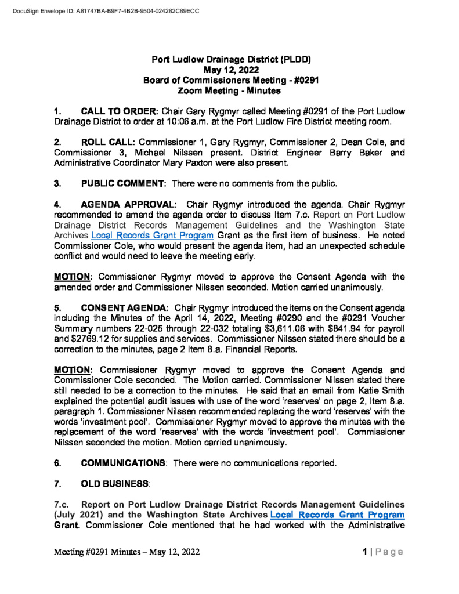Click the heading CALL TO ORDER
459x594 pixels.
(120, 111)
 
